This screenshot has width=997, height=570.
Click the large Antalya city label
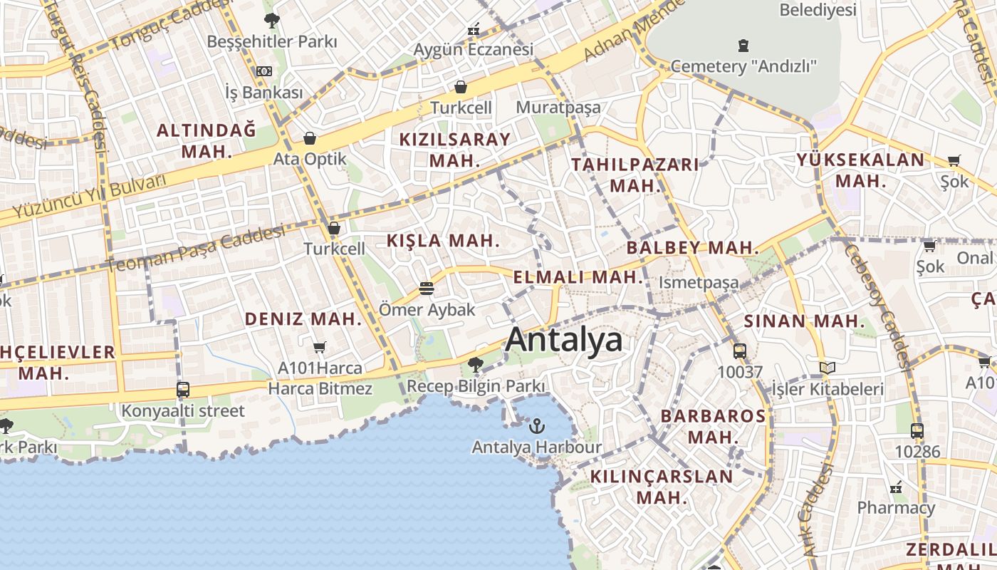click(564, 340)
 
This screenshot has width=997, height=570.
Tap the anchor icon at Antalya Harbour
click(537, 426)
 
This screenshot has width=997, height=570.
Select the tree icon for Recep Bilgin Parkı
click(476, 366)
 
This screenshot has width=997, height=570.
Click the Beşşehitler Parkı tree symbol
click(271, 21)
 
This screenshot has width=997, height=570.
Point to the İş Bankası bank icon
click(264, 71)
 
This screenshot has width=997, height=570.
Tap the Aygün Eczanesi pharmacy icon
click(474, 30)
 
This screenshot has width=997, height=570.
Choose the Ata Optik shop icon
click(310, 138)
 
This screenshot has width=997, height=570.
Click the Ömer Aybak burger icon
click(427, 289)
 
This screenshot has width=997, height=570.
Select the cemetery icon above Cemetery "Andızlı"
click(743, 46)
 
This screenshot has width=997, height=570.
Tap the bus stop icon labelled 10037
click(740, 351)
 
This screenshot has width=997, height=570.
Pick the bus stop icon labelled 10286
click(917, 430)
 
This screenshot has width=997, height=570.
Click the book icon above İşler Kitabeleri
click(827, 368)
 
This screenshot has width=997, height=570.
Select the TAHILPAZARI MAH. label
click(635, 175)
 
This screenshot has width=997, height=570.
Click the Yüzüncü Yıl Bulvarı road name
click(89, 197)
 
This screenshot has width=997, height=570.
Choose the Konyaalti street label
click(183, 411)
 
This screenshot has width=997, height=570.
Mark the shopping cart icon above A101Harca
click(320, 347)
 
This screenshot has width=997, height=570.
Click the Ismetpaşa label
click(699, 283)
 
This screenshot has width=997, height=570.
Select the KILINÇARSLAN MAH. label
click(662, 487)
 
